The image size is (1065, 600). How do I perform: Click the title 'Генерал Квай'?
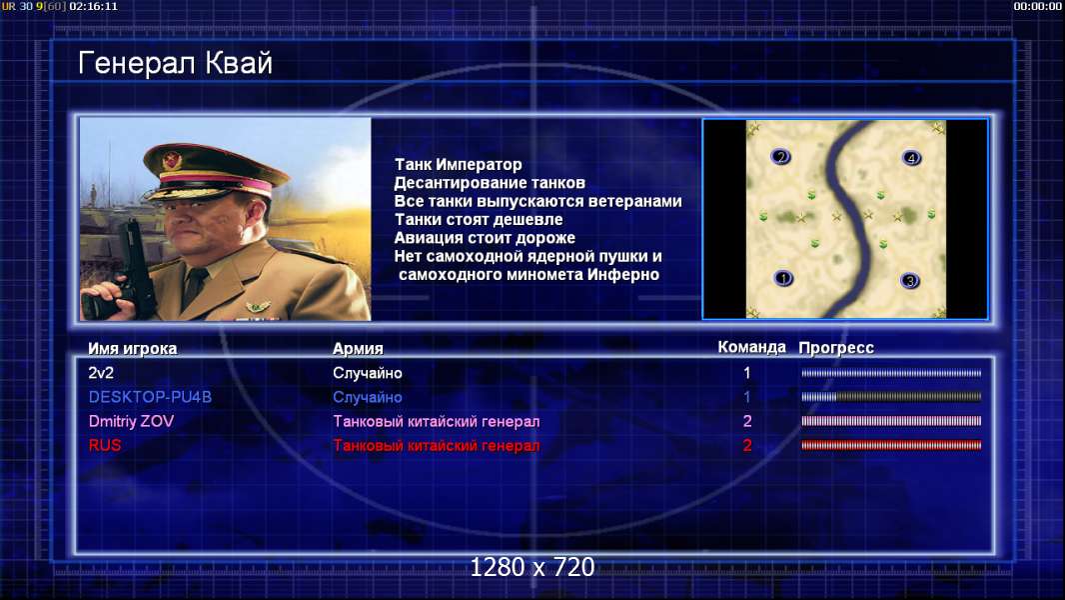tap(175, 63)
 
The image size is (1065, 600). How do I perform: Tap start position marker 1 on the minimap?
tap(783, 278)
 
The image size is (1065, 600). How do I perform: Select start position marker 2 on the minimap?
tap(780, 157)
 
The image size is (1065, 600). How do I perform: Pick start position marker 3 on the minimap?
tap(910, 280)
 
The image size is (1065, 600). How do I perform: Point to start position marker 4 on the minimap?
tap(911, 158)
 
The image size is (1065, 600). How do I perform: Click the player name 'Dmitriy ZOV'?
tap(131, 421)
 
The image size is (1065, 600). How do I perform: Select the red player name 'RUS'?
tap(105, 446)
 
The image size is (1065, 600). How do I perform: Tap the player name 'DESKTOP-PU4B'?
tap(150, 397)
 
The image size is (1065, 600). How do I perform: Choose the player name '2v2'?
tap(101, 373)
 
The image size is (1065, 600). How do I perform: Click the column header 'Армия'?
tap(358, 349)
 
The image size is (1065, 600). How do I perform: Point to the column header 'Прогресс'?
tap(836, 348)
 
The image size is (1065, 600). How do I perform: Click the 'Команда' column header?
tap(752, 347)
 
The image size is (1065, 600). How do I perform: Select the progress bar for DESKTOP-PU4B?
tap(891, 397)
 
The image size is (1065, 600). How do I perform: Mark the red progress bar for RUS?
tap(891, 446)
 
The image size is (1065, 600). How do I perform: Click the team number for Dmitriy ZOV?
tap(747, 421)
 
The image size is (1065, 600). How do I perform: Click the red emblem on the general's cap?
tap(173, 160)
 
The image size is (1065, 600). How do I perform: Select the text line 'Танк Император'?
tap(459, 164)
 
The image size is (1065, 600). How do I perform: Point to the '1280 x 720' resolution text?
tap(532, 567)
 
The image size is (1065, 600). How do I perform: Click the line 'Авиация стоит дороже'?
tap(485, 238)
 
